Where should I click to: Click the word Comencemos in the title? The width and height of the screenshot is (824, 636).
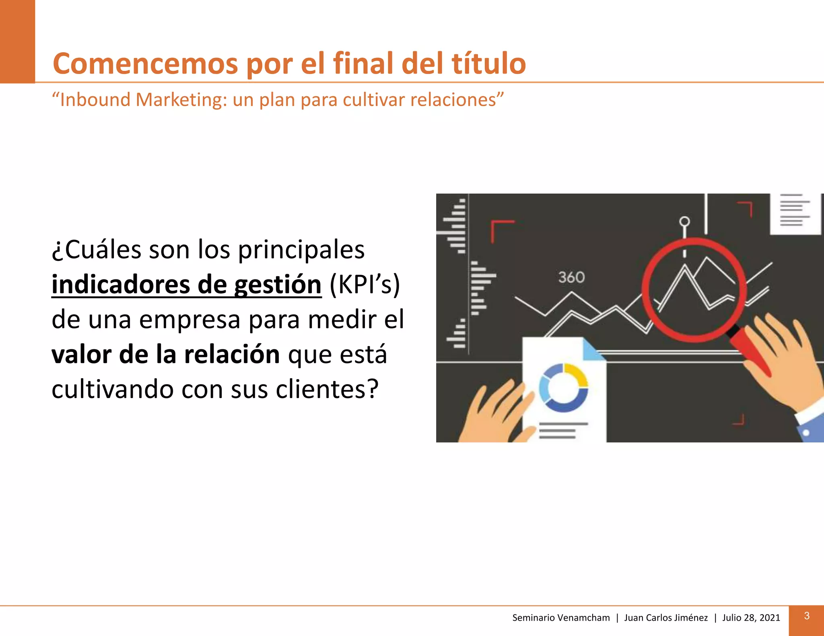coord(145,64)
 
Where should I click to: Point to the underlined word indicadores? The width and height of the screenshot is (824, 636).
coord(121,285)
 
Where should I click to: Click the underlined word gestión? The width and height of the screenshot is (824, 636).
coord(278,285)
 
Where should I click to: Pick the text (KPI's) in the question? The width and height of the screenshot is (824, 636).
coord(365,285)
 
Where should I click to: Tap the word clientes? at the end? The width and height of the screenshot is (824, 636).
coord(327,389)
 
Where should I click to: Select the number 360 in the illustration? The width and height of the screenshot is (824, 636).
coord(571,277)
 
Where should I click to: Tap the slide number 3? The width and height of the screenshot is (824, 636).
coord(806,616)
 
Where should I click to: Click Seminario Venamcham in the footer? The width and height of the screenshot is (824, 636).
coord(561,618)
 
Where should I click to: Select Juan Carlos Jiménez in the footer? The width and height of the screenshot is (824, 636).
coord(665,618)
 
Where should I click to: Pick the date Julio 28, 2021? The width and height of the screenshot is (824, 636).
coord(751,618)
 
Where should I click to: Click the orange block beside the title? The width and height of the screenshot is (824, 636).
coord(17,41)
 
